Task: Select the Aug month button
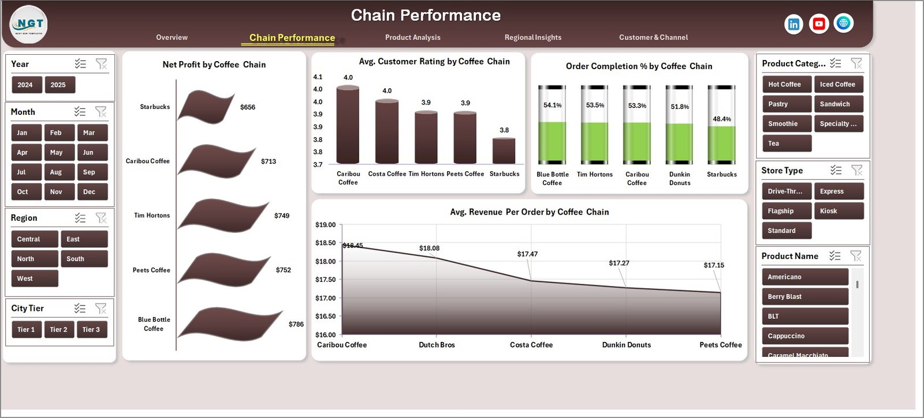[x=56, y=172]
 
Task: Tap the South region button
[x=84, y=259]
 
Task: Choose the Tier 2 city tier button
[x=58, y=329]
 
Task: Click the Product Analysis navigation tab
[x=412, y=37]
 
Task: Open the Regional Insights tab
[x=532, y=37]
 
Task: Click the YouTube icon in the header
[x=818, y=24]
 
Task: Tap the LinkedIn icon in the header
[x=793, y=24]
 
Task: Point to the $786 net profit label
[x=296, y=324]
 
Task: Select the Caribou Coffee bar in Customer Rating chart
[x=348, y=125]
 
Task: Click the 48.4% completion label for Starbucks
[x=721, y=119]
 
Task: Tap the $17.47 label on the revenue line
[x=527, y=254]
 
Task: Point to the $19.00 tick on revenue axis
[x=325, y=225]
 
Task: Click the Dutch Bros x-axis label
[x=437, y=345]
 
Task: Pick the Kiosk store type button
[x=838, y=211]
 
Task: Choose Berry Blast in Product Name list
[x=804, y=297]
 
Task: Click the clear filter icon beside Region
[x=101, y=218]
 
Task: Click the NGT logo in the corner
[x=28, y=24]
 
